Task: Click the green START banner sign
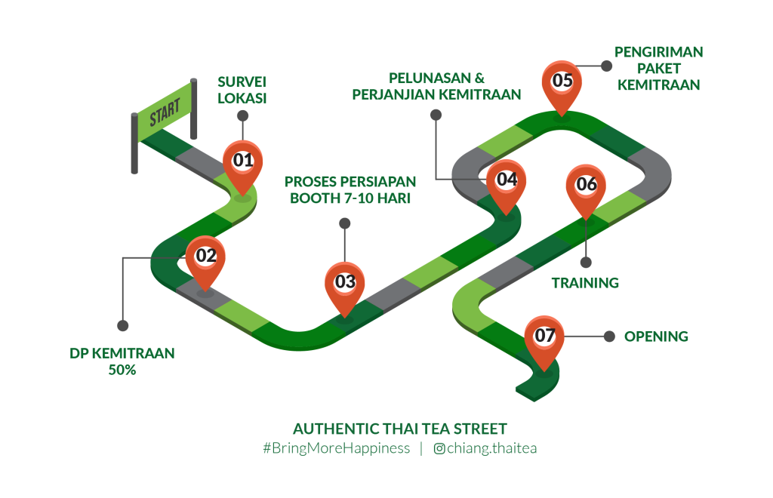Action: point(165,115)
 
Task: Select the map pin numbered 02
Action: point(205,257)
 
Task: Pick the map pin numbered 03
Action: point(344,283)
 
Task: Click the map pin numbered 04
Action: point(506,180)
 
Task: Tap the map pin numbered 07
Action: point(544,337)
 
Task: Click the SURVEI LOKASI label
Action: point(242,89)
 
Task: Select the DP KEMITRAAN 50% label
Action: point(122,361)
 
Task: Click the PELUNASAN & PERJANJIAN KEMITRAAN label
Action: point(436,86)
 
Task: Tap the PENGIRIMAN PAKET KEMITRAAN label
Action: point(658,69)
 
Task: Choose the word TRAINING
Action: point(585,283)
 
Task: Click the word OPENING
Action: point(656,337)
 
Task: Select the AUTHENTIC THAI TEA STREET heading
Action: point(399,429)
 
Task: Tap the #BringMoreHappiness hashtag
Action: point(336,448)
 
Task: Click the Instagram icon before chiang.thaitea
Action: point(439,449)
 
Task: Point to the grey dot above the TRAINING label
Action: point(586,262)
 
